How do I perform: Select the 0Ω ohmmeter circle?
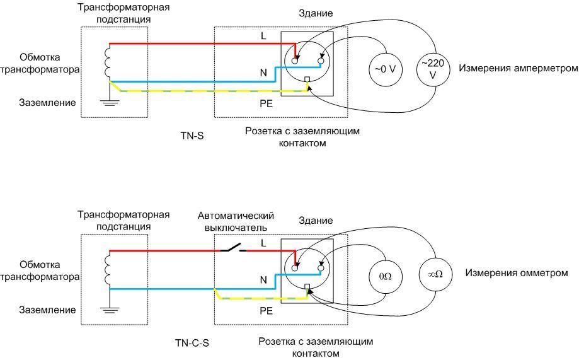tap(385, 275)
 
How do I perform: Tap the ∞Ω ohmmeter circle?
tap(435, 275)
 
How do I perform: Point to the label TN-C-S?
tap(192, 343)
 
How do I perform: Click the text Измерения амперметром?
tap(518, 68)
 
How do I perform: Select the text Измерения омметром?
tap(517, 273)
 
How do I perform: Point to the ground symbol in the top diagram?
tap(110, 101)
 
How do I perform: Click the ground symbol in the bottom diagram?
tap(110, 308)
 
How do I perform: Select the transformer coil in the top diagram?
tap(108, 62)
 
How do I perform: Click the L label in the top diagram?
tap(264, 36)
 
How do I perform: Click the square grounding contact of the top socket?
tap(307, 80)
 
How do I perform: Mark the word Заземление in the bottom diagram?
tap(47, 310)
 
